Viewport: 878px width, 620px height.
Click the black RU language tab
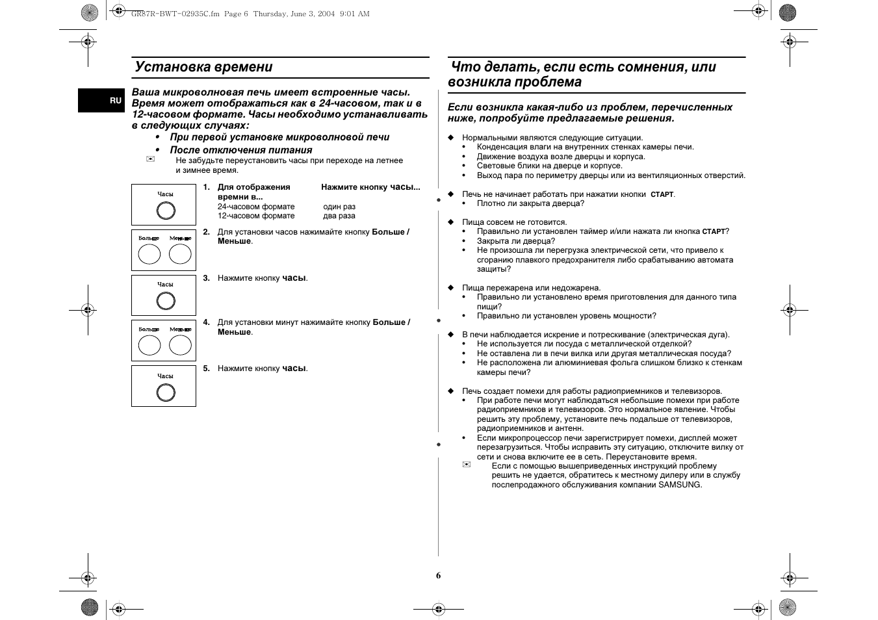(102, 100)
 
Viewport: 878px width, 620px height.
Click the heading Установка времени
(203, 67)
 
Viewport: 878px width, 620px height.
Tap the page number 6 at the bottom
(438, 575)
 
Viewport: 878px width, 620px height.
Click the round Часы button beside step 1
(166, 211)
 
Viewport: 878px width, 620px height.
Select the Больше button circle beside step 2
(149, 254)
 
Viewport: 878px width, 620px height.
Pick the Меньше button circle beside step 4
(180, 345)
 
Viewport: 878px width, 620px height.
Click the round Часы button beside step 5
(166, 393)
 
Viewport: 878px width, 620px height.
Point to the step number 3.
(206, 278)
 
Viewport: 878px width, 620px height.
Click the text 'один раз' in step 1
(339, 207)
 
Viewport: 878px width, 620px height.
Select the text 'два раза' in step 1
(339, 216)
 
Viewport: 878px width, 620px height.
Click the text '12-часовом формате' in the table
(256, 216)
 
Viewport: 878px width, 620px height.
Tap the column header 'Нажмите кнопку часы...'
(370, 187)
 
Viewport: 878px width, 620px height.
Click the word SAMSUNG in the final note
(680, 485)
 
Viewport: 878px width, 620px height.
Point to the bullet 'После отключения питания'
(241, 150)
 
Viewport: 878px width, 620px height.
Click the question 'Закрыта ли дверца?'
(516, 241)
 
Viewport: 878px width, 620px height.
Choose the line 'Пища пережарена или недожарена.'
(531, 288)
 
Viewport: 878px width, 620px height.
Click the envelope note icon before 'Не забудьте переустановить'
(151, 160)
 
